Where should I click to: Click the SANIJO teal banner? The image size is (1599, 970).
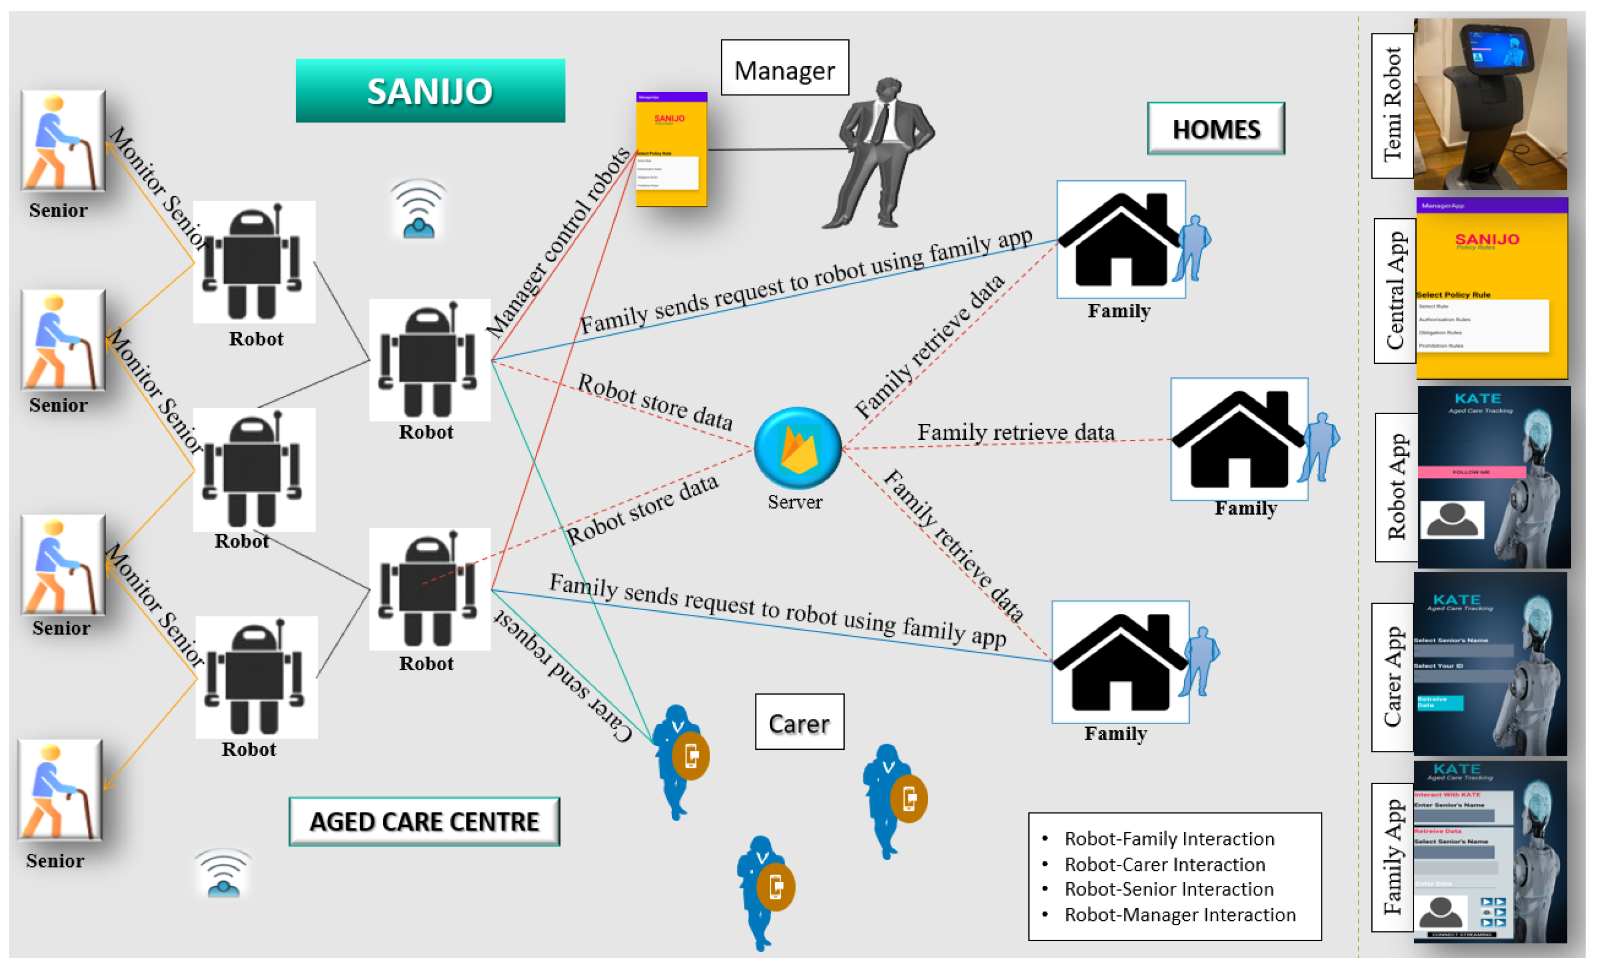point(430,91)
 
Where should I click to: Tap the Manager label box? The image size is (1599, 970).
point(784,68)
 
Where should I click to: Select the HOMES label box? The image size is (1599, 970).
point(1216,128)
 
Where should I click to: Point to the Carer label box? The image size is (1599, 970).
point(799,722)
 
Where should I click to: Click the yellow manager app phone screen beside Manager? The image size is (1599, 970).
point(671,150)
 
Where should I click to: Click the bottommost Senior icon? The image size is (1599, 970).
point(60,790)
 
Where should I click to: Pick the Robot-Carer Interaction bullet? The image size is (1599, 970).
point(1164,864)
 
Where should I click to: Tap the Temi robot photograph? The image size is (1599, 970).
point(1490,104)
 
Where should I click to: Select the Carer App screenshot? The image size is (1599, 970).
point(1490,664)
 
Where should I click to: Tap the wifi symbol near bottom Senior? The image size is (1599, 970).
point(223,874)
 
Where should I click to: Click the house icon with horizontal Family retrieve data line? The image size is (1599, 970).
point(1238,440)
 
